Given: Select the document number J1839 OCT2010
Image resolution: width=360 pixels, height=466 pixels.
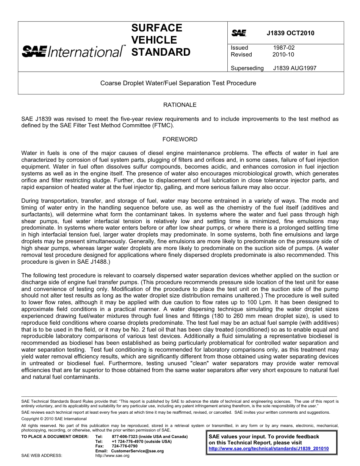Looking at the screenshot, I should pyautogui.click(x=290, y=33).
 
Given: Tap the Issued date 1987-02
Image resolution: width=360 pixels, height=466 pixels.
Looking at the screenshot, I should pyautogui.click(x=284, y=48).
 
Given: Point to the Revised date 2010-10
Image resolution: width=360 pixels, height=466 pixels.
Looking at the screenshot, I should pyautogui.click(x=283, y=55).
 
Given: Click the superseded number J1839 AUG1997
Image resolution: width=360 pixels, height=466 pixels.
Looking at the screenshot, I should pyautogui.click(x=294, y=68).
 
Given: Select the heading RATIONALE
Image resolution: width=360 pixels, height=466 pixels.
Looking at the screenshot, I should pyautogui.click(x=180, y=105).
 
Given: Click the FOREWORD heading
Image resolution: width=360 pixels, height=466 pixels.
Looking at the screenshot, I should pyautogui.click(x=180, y=139).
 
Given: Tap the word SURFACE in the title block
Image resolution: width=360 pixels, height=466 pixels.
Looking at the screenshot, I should pyautogui.click(x=157, y=28).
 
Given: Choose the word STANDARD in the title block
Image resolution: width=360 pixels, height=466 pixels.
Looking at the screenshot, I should pyautogui.click(x=161, y=52).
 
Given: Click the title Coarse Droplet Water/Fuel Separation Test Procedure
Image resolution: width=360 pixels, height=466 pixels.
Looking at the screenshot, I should pyautogui.click(x=178, y=83).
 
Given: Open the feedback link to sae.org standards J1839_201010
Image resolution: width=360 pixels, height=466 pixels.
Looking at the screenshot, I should pyautogui.click(x=269, y=449).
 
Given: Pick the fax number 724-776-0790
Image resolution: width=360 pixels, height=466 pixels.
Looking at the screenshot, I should pyautogui.click(x=124, y=446).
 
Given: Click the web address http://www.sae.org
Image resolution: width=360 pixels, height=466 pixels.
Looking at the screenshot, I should pyautogui.click(x=112, y=455).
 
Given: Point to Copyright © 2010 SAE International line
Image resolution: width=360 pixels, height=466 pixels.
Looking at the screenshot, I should pyautogui.click(x=54, y=419).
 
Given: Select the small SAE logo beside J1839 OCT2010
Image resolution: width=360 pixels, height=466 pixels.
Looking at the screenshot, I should pyautogui.click(x=239, y=33).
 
